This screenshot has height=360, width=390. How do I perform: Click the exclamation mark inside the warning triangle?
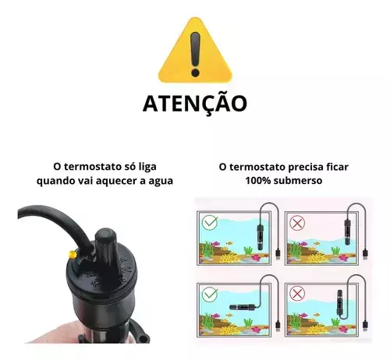(195, 54)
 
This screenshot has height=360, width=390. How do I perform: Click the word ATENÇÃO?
(195, 104)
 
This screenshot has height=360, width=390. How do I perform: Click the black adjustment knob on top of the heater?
(106, 249)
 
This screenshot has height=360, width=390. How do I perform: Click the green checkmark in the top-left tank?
(210, 223)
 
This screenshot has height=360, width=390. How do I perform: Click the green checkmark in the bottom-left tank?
(210, 294)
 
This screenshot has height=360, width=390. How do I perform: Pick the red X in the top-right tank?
(297, 223)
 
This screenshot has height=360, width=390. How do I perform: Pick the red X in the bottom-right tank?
(297, 294)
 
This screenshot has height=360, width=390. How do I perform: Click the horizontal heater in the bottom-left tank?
(240, 307)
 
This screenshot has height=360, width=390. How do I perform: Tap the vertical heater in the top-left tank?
(260, 237)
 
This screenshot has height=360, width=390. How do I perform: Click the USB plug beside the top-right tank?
(365, 254)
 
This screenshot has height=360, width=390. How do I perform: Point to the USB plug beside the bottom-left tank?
(278, 326)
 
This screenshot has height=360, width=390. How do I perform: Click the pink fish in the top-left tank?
(216, 244)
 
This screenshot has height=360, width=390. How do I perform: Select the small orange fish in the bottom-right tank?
(317, 315)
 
